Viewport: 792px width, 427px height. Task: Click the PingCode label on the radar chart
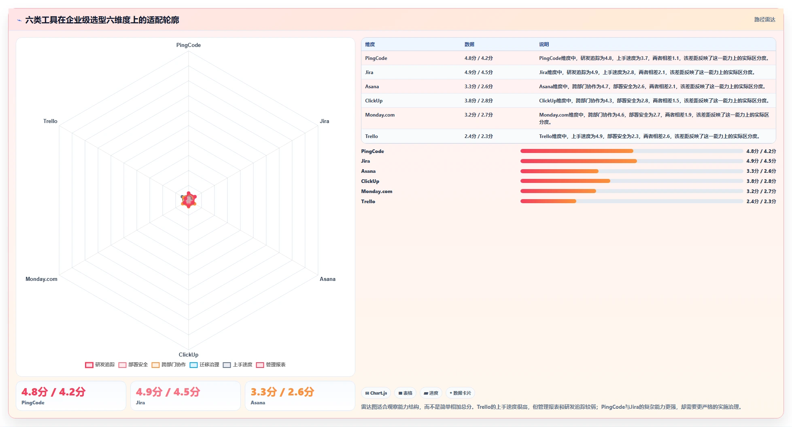[188, 45]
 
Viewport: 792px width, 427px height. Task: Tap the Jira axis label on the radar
[324, 121]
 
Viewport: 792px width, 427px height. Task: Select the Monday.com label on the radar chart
[41, 279]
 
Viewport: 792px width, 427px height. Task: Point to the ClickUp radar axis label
[188, 355]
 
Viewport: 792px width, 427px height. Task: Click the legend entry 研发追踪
[100, 365]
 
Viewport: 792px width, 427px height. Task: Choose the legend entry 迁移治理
[204, 365]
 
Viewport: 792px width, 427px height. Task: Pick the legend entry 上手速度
[238, 365]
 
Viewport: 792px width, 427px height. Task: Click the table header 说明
[544, 45]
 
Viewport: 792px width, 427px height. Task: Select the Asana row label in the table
[372, 87]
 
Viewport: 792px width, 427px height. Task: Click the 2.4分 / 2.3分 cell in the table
[478, 136]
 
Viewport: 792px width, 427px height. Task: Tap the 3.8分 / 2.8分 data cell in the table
[478, 101]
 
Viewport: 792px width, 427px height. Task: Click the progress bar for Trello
[631, 201]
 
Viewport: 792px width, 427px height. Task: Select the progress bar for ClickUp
[631, 181]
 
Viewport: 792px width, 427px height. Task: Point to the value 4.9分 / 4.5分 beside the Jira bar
[761, 161]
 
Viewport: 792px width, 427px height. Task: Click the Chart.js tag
[376, 393]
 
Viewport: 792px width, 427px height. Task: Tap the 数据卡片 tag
[460, 393]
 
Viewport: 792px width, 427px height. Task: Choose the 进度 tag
[431, 393]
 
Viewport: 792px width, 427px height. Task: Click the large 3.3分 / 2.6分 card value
[282, 392]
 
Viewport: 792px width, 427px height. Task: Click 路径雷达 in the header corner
[764, 19]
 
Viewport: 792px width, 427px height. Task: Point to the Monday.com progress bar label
[377, 191]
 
